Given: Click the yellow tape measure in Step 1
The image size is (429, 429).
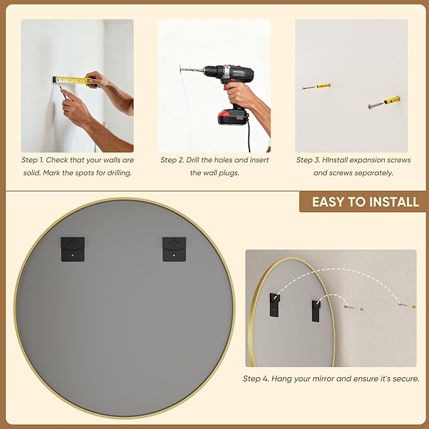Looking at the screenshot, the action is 73,80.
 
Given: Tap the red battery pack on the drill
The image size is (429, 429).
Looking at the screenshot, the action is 232,117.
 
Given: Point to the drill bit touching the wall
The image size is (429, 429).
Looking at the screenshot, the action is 192,69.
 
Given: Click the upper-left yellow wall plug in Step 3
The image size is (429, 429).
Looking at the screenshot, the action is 323,86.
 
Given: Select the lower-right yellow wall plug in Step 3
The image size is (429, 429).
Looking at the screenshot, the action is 392,100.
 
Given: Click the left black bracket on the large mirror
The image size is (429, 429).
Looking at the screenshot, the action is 73,249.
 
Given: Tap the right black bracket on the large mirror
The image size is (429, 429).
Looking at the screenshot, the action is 174,249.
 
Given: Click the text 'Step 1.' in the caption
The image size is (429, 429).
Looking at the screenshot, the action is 32,160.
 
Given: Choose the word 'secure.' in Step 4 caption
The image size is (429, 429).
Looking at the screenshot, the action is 406,378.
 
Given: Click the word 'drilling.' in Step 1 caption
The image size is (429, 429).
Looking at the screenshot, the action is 119,173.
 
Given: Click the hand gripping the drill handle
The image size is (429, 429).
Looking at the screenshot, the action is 239,95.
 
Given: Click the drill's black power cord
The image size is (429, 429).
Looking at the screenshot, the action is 249,135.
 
